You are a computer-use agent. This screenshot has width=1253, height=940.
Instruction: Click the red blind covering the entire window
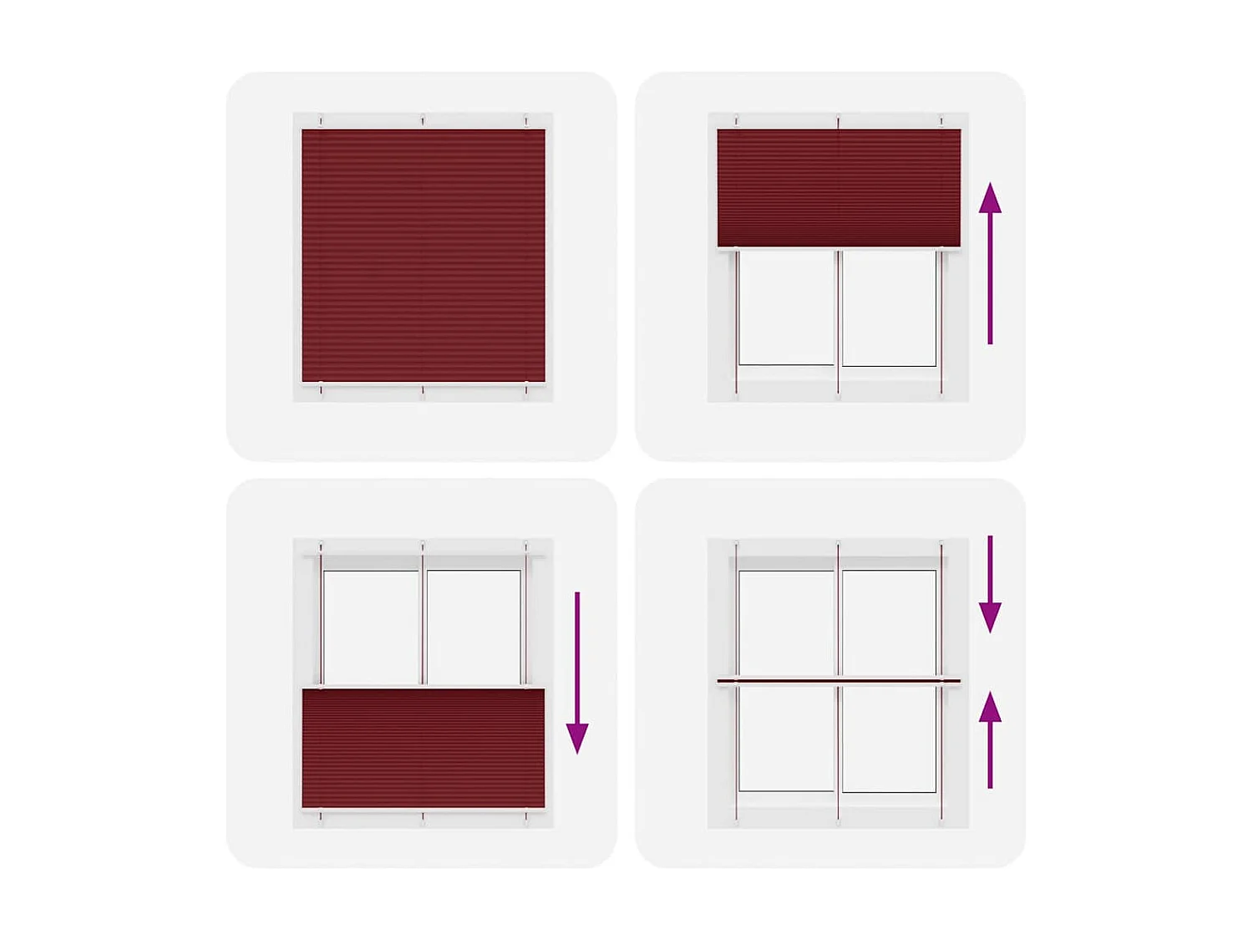pyautogui.click(x=423, y=255)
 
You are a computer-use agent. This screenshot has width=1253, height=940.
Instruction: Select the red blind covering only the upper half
pyautogui.click(x=839, y=187)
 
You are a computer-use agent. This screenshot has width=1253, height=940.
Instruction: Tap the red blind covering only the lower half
pyautogui.click(x=423, y=748)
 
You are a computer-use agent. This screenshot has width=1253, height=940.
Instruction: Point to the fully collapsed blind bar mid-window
pyautogui.click(x=839, y=681)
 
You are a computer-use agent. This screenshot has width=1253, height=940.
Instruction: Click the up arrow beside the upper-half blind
pyautogui.click(x=990, y=263)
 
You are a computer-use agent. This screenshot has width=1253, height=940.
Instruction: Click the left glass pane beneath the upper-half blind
pyautogui.click(x=786, y=307)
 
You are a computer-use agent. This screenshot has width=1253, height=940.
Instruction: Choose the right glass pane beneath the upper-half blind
pyautogui.click(x=889, y=307)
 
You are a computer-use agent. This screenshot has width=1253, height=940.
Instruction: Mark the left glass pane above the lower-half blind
pyautogui.click(x=370, y=627)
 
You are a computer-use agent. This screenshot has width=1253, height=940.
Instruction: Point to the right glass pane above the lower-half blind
pyautogui.click(x=473, y=627)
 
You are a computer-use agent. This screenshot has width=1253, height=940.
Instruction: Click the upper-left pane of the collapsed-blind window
pyautogui.click(x=786, y=622)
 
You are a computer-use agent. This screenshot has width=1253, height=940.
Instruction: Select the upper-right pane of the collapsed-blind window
pyautogui.click(x=889, y=622)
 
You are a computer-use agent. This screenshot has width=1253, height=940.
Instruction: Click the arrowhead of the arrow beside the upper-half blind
pyautogui.click(x=990, y=199)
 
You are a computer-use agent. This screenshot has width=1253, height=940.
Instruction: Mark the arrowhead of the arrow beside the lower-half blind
pyautogui.click(x=577, y=738)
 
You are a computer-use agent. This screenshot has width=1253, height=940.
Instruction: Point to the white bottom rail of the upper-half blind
pyautogui.click(x=839, y=248)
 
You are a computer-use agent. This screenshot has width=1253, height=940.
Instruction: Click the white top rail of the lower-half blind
pyautogui.click(x=423, y=687)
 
